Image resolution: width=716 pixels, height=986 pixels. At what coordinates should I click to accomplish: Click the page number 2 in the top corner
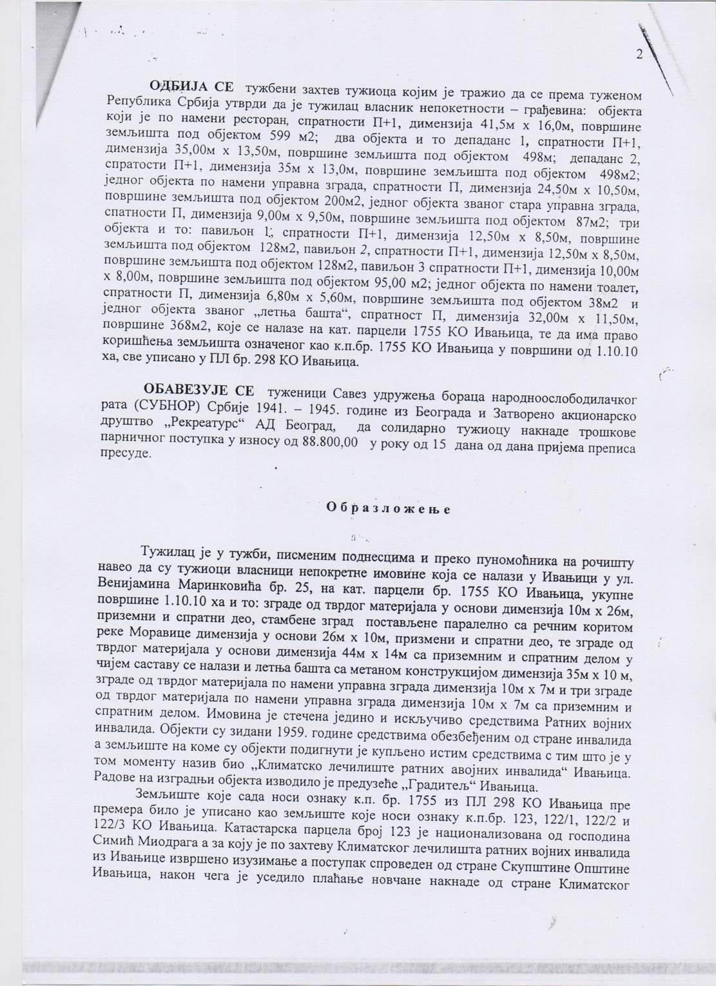click(639, 55)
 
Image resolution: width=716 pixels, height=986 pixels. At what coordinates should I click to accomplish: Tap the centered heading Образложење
click(389, 507)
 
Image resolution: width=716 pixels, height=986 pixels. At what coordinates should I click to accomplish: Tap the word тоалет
click(614, 286)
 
